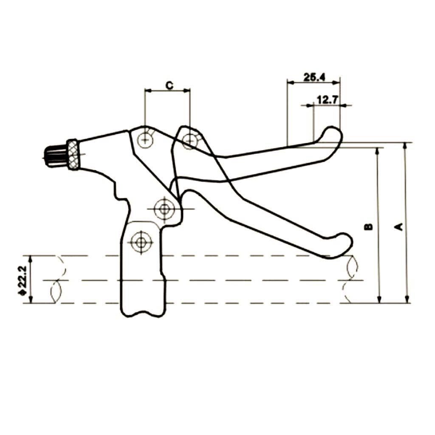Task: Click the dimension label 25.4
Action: click(314, 77)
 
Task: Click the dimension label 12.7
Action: click(327, 100)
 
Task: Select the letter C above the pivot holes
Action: click(169, 85)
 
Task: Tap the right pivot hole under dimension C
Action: click(190, 140)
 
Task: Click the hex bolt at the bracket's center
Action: click(164, 209)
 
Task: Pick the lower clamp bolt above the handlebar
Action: click(141, 242)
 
